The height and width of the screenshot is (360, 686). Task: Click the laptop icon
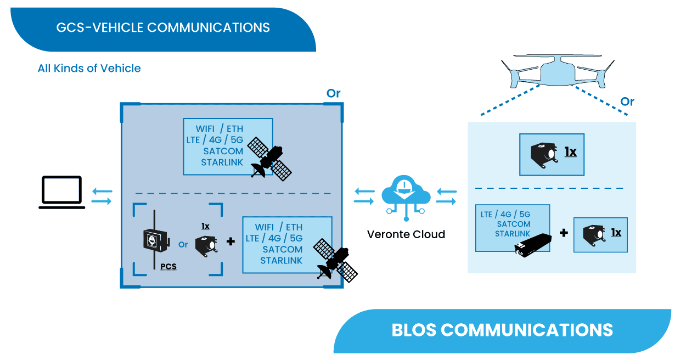pos(62,193)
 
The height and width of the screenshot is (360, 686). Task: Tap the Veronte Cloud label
pos(406,234)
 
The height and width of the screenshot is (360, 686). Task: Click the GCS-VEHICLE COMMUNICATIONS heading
pos(163,27)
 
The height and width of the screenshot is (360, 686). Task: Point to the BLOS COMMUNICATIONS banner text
pos(502,330)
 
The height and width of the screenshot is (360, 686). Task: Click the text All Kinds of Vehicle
pos(89,69)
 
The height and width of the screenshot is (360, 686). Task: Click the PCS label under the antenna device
pos(168,267)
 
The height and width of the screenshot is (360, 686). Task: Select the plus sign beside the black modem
pos(564,233)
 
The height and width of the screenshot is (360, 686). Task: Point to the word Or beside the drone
pos(627,102)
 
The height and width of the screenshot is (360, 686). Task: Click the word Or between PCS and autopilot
pos(183,244)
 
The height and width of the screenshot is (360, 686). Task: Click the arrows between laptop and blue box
pos(102,196)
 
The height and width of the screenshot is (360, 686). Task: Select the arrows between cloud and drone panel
pos(446,196)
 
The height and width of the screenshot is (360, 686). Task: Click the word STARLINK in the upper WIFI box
pos(222,162)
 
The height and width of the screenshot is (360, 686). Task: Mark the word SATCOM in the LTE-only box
pos(514,224)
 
